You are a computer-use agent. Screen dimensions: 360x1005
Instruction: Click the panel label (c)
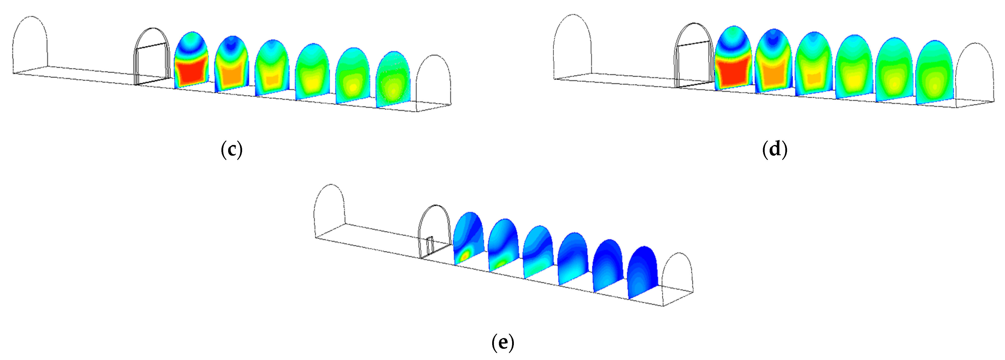point(232,150)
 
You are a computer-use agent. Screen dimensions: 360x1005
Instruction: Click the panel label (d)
point(774,150)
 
